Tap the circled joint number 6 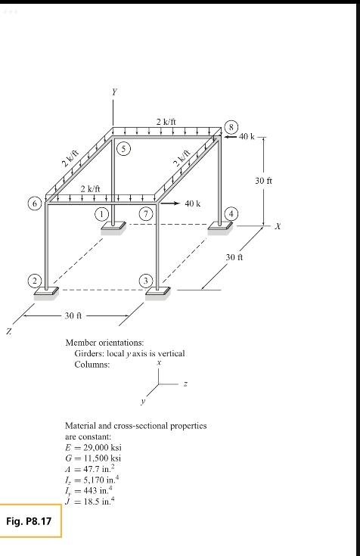[x=34, y=203]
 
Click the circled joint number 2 [x=34, y=281]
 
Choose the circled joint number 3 [x=147, y=281]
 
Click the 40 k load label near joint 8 [x=247, y=137]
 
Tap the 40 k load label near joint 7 [x=193, y=203]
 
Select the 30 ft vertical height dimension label [x=263, y=181]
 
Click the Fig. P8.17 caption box [x=32, y=523]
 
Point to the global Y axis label [x=114, y=92]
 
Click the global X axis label [x=278, y=225]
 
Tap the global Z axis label [x=9, y=331]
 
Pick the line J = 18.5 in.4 [x=92, y=500]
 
